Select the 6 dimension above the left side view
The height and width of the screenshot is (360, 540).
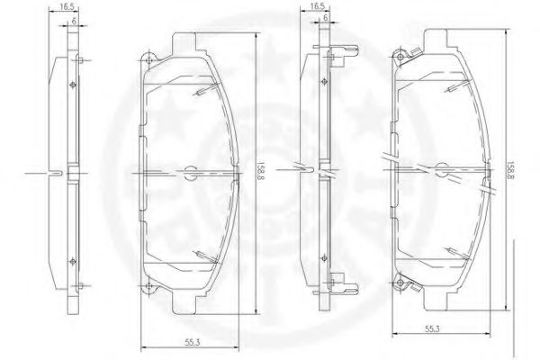[x=74, y=19]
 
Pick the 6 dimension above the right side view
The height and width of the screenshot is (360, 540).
[x=325, y=19]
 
